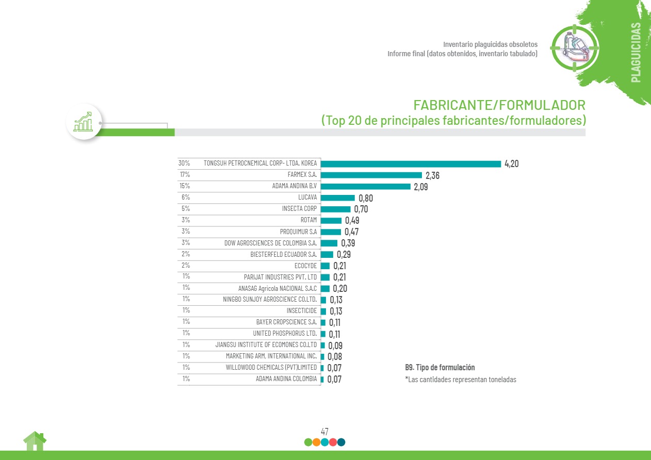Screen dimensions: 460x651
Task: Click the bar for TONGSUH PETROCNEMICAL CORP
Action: pos(411,164)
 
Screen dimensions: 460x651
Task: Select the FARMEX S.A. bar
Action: pos(371,175)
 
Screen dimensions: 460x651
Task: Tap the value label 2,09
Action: pos(420,187)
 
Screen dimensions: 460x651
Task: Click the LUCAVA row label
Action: pos(307,198)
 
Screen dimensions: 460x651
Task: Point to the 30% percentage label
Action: pos(184,163)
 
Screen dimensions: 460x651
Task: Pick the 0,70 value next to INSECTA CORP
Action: pos(361,209)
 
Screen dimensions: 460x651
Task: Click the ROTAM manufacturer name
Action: pos(308,220)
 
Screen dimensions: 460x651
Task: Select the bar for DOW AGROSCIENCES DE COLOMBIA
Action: pos(329,243)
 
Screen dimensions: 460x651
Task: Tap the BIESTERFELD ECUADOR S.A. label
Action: pos(284,254)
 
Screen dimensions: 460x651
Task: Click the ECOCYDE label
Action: pos(305,266)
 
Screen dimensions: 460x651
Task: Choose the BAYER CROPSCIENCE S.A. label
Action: pos(286,322)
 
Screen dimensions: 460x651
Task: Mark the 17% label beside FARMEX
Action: pos(185,175)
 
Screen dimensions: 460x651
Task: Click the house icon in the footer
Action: pos(35,441)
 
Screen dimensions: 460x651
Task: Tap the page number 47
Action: pos(324,432)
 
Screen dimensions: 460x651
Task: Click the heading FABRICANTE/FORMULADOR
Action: pos(499,105)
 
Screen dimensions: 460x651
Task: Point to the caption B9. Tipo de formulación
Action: pos(440,368)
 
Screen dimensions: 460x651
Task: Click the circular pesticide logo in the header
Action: pos(575,47)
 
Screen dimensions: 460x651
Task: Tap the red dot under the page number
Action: pos(333,442)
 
